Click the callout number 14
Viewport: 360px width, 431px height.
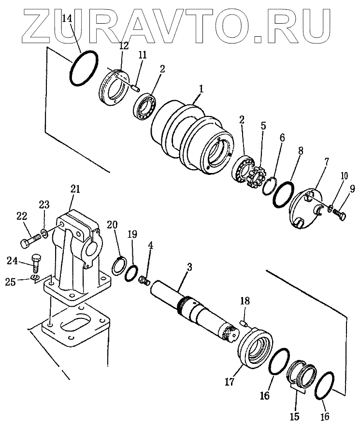[x=68, y=19]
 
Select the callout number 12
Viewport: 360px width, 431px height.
[x=124, y=46]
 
